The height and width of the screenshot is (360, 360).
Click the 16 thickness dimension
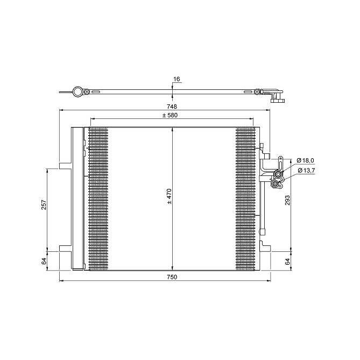pos(176,79)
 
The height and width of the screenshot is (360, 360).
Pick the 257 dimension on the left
pos(45,204)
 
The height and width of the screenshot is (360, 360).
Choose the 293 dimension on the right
pos(287,200)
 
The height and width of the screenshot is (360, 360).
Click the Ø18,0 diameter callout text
pos(306,160)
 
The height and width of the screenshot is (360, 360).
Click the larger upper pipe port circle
pos(278,174)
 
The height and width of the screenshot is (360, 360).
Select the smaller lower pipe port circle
pos(276,185)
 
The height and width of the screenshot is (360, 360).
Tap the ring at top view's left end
pos(77,92)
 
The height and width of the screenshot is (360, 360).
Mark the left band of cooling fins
pos(98,198)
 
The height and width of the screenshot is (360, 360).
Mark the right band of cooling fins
pos(246,198)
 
